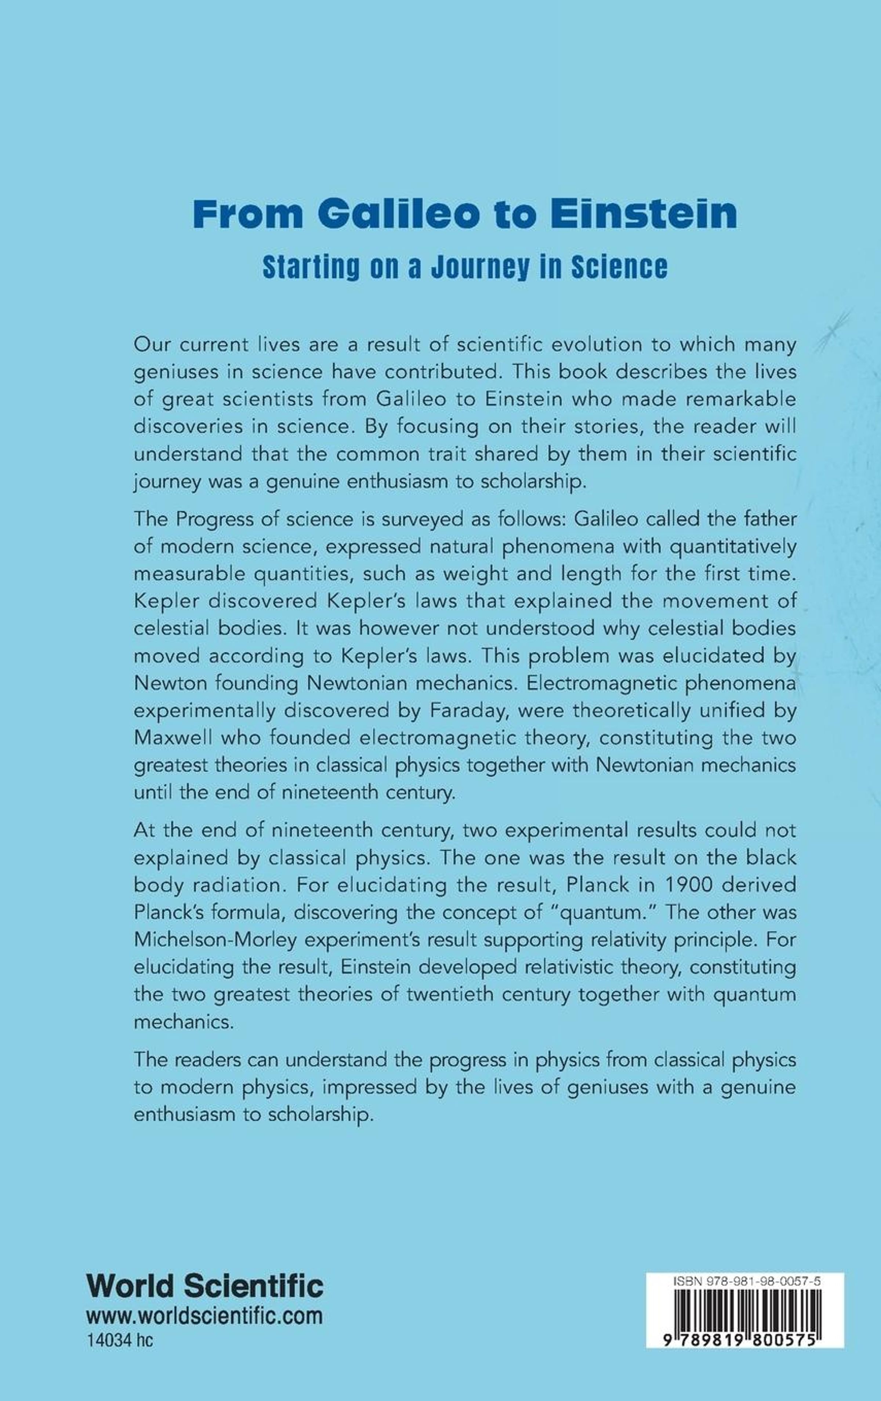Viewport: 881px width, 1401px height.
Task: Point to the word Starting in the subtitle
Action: pyautogui.click(x=311, y=268)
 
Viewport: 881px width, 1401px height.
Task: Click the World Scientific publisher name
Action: pyautogui.click(x=204, y=1287)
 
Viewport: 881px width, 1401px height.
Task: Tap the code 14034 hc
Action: pyautogui.click(x=119, y=1341)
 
